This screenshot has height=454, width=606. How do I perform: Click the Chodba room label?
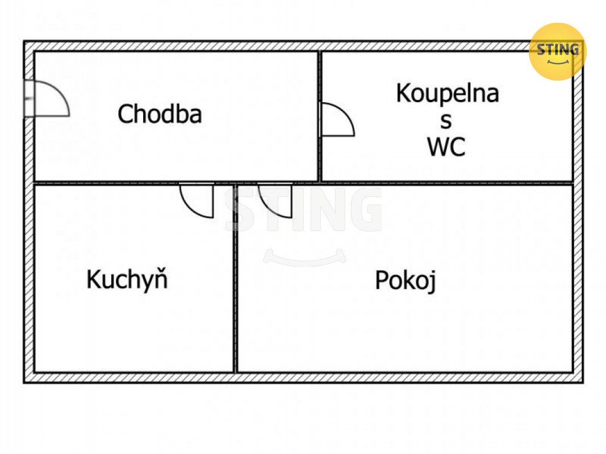160,114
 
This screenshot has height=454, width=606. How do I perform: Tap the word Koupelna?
448,93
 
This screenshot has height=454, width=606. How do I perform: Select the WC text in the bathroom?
446,147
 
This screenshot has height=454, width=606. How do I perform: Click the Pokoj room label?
405,280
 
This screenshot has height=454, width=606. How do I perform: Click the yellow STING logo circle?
557,51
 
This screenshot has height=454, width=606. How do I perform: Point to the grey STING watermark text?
304,211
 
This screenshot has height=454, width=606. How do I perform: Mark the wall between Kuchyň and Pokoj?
234,278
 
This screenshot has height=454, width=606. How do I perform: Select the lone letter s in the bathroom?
446,121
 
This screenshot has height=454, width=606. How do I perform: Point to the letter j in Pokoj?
432,281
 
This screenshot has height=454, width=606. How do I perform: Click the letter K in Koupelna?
403,93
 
